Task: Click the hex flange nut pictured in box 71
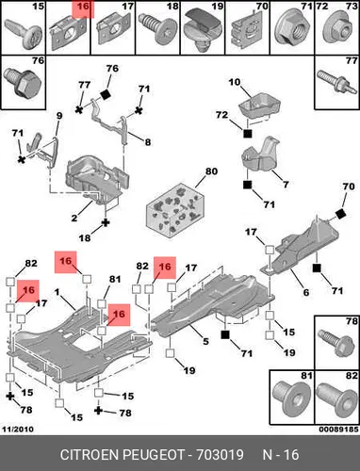tap(291, 29)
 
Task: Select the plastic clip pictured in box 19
tap(203, 30)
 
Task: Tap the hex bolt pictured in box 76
tap(23, 83)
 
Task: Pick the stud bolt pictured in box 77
tap(336, 82)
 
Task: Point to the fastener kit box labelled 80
tap(175, 210)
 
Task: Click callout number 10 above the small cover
tap(235, 83)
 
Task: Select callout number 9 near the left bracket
tap(59, 116)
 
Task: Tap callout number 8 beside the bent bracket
tap(148, 142)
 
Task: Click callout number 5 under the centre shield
tap(205, 341)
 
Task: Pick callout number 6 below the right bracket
tap(306, 292)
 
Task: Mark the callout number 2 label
tap(74, 218)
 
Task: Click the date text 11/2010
tap(18, 430)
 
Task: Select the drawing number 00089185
tap(338, 430)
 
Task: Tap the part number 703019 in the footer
tap(220, 455)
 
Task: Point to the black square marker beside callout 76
tap(106, 94)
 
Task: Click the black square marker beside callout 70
tap(340, 214)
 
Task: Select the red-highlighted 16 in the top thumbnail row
tap(83, 7)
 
